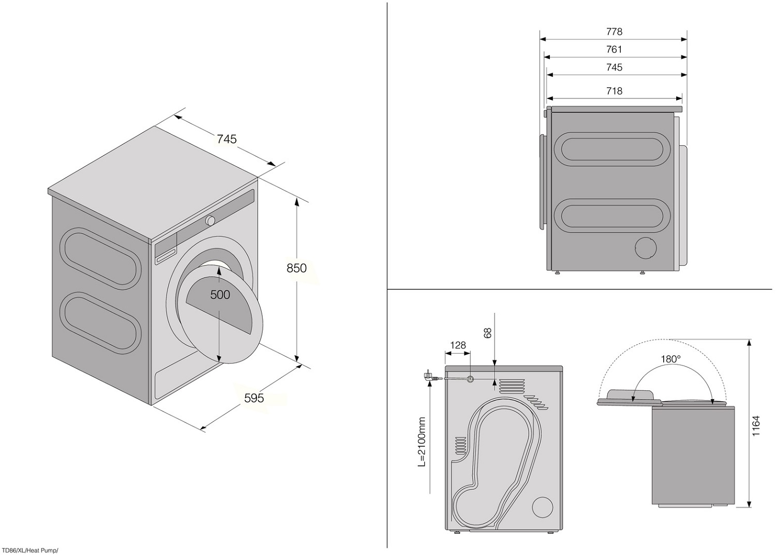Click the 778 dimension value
tap(614, 32)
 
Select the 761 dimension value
tap(614, 50)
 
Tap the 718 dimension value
tap(614, 91)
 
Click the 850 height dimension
tap(296, 268)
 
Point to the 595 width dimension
tap(254, 398)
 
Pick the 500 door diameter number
tap(220, 295)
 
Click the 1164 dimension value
tap(756, 426)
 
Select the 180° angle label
tap(670, 359)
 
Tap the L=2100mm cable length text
tap(422, 442)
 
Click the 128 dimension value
tap(458, 345)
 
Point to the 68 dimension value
tap(487, 333)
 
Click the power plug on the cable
tap(428, 376)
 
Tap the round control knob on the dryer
tap(210, 221)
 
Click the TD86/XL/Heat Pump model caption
tap(30, 551)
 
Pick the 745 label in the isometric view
tap(227, 139)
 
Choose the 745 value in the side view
tap(614, 67)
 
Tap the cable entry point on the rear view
tap(470, 379)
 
